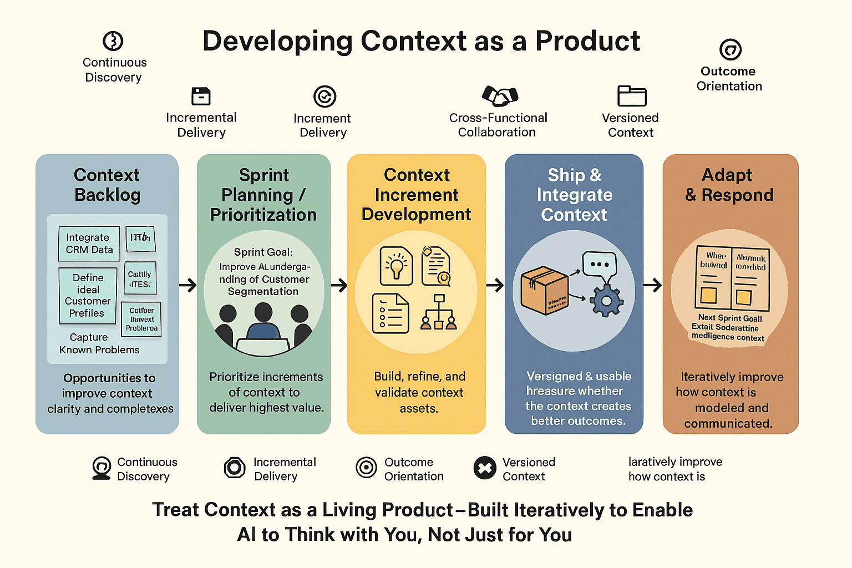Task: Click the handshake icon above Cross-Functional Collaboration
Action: tap(500, 96)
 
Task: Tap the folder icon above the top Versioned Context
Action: tap(632, 96)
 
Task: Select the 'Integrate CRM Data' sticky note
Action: tap(89, 244)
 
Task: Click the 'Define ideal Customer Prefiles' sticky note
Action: tap(88, 296)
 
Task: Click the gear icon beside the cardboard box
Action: tap(606, 300)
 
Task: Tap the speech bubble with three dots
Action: tap(599, 264)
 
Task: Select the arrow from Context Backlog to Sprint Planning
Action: tap(188, 286)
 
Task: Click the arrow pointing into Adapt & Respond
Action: tap(653, 286)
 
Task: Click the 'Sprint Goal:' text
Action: tap(263, 252)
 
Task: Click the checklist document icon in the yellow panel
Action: tap(390, 313)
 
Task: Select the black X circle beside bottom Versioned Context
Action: tap(485, 468)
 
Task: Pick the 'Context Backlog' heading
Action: tap(107, 185)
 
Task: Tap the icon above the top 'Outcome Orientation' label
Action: tap(730, 49)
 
